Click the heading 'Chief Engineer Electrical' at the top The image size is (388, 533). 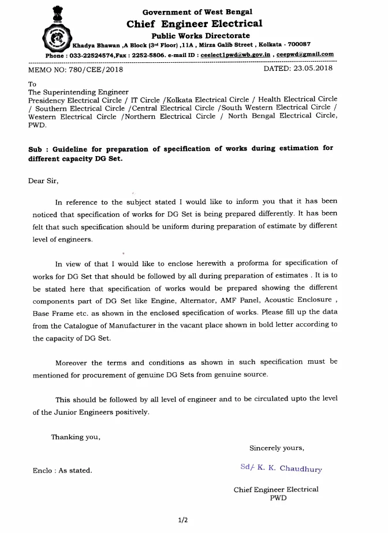tap(194, 24)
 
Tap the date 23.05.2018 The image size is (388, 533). tap(319, 69)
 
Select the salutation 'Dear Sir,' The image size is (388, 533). tap(43, 180)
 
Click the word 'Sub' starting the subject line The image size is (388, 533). tap(35, 148)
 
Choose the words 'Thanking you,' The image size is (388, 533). tap(76, 437)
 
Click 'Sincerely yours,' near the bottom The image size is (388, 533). tap(277, 448)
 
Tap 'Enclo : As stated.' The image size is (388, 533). tap(62, 471)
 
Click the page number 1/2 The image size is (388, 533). tap(183, 520)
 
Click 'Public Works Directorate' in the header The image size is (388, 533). tap(194, 35)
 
